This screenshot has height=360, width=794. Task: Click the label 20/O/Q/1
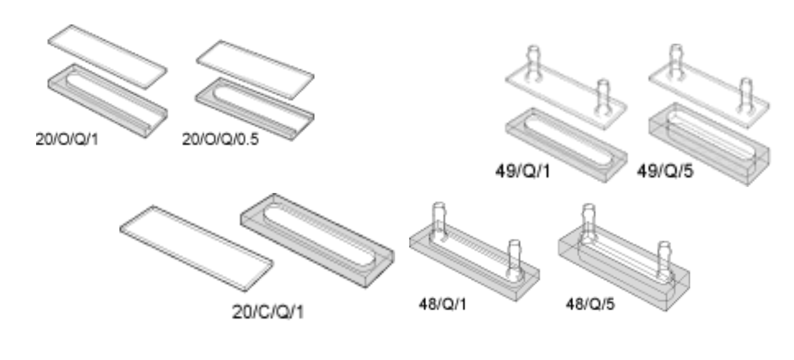[x=67, y=139]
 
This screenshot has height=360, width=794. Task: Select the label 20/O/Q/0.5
[x=220, y=139]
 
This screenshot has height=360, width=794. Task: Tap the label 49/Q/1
[x=523, y=171]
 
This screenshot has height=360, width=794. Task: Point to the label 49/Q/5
[x=665, y=171]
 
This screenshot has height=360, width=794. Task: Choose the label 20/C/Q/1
[x=268, y=312]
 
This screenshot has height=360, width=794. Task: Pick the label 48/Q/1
[x=443, y=304]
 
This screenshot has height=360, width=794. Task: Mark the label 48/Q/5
[x=590, y=304]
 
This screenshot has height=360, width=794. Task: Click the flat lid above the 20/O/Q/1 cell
[x=107, y=57]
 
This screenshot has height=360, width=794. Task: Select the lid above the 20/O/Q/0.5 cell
[x=255, y=70]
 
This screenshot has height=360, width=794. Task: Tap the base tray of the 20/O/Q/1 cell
[x=107, y=101]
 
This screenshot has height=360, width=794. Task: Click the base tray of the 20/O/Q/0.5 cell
[x=255, y=109]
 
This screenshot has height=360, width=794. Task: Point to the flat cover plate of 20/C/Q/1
[x=197, y=248]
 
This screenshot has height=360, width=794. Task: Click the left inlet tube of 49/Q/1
[x=533, y=64]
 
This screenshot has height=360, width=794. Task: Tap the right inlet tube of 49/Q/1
[x=603, y=96]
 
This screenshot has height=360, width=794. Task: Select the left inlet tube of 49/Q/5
[x=676, y=61]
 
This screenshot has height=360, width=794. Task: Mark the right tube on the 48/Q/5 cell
[x=664, y=261]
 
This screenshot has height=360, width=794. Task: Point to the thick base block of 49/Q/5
[x=709, y=145]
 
